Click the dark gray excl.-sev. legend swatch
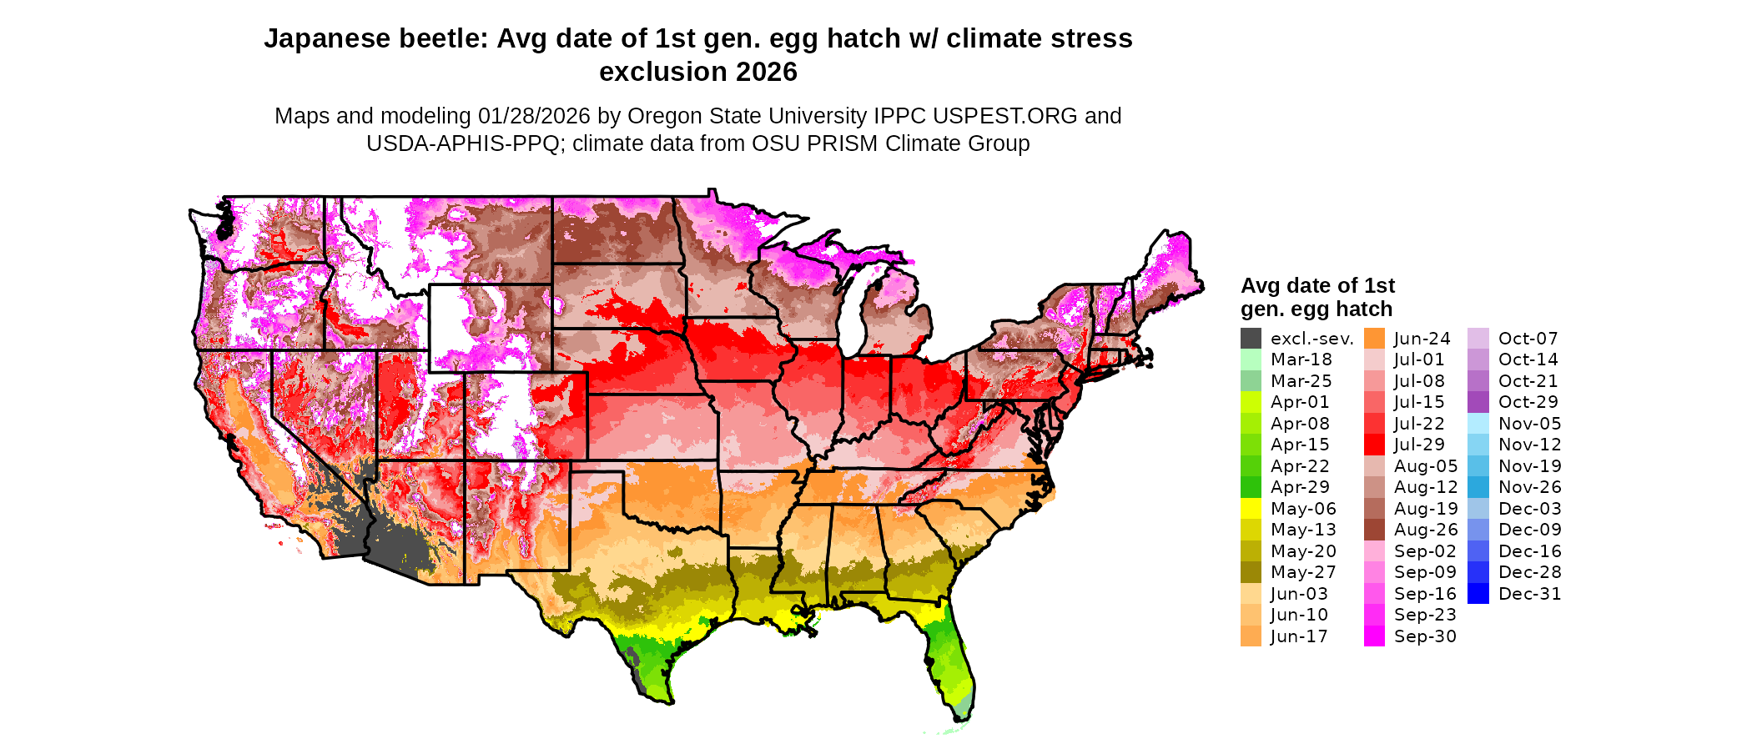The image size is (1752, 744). pyautogui.click(x=1251, y=339)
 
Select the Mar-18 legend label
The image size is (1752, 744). pyautogui.click(x=1301, y=359)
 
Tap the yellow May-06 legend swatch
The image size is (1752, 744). pyautogui.click(x=1251, y=509)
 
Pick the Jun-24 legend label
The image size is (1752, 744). pyautogui.click(x=1422, y=339)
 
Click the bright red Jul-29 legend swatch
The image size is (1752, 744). pyautogui.click(x=1374, y=445)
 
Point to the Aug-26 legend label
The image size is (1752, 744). pyautogui.click(x=1426, y=530)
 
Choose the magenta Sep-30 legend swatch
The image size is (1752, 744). pyautogui.click(x=1374, y=636)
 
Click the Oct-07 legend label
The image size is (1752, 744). pyautogui.click(x=1528, y=339)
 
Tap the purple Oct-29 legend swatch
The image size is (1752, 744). pyautogui.click(x=1478, y=402)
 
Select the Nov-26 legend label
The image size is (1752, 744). pyautogui.click(x=1529, y=487)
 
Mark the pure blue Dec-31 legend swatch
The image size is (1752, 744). pyautogui.click(x=1478, y=594)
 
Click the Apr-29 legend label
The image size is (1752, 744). pyautogui.click(x=1300, y=487)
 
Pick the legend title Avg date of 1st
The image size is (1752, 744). pyautogui.click(x=1317, y=286)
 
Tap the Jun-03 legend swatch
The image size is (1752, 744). pyautogui.click(x=1251, y=594)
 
